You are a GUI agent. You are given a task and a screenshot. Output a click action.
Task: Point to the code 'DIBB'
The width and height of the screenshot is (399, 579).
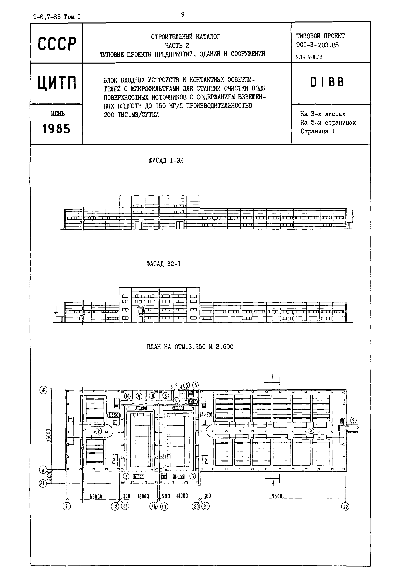click(x=327, y=82)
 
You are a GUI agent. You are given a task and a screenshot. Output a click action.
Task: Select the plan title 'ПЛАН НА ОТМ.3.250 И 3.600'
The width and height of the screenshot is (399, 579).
click(x=190, y=347)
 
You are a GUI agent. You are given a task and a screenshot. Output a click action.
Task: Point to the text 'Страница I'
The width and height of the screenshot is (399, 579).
click(x=318, y=131)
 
